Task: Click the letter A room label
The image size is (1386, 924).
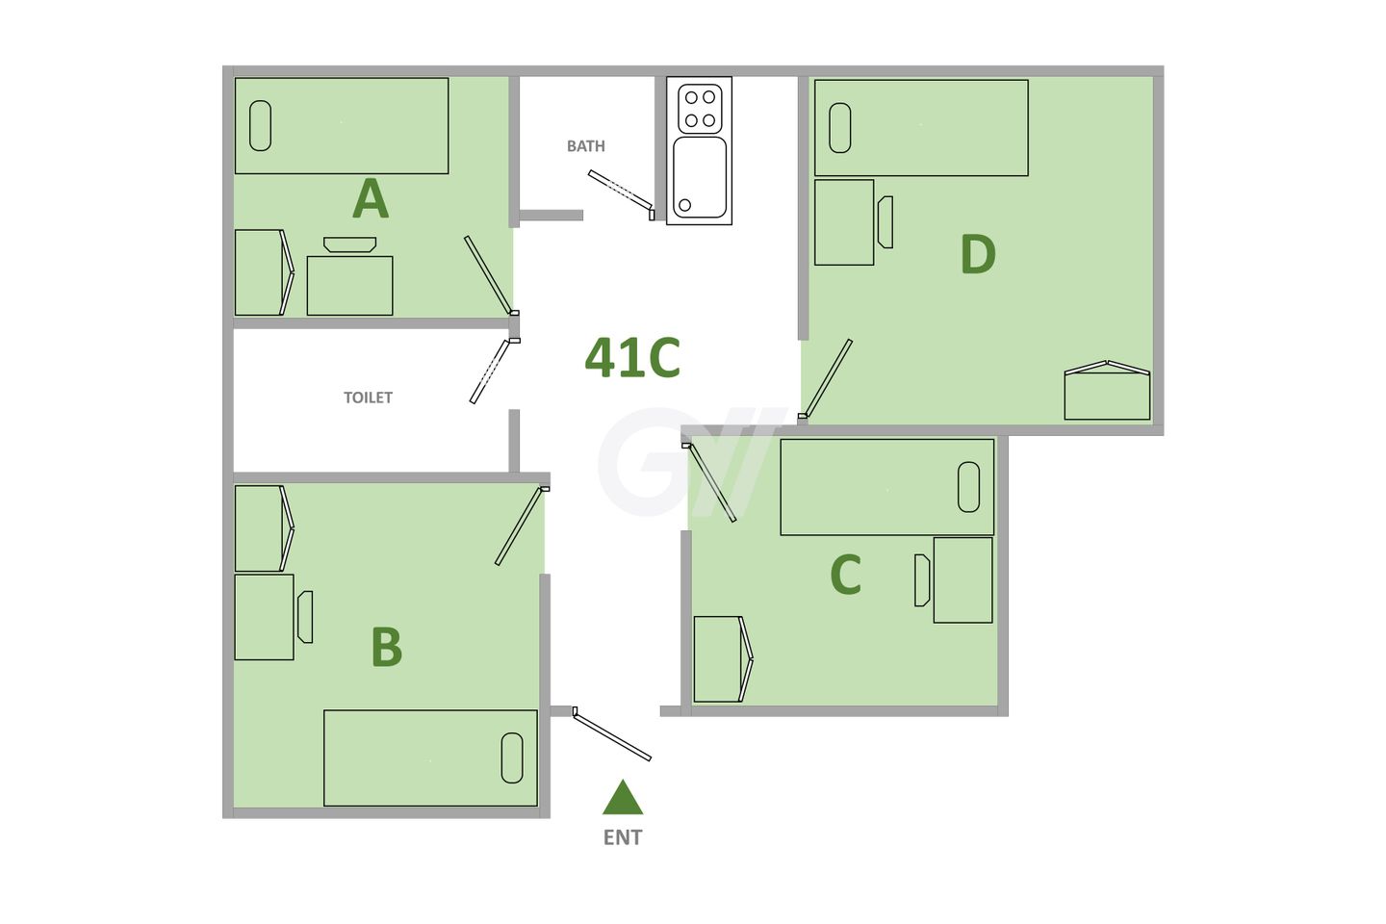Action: (x=371, y=199)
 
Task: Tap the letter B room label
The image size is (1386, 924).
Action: (x=387, y=647)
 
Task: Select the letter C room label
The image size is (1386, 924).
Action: (x=845, y=575)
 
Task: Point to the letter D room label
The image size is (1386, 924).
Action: (x=978, y=255)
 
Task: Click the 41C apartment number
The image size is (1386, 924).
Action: (x=632, y=357)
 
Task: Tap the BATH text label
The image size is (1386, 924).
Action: (x=585, y=146)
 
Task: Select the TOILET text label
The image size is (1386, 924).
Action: (x=368, y=398)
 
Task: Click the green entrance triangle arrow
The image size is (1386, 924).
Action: (x=623, y=797)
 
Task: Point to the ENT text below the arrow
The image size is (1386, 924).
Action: (x=623, y=837)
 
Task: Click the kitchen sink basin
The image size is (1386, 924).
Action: (x=700, y=176)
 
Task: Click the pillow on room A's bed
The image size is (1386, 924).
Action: (x=260, y=126)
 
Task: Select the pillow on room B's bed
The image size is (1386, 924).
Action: (x=512, y=757)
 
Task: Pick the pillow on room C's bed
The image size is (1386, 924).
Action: (x=968, y=487)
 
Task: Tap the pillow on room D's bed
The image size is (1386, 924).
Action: (x=840, y=128)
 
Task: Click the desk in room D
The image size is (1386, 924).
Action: (x=844, y=222)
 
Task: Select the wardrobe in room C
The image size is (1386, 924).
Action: (x=718, y=659)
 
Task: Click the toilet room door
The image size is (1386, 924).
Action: (x=489, y=371)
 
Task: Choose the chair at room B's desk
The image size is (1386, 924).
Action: (x=305, y=617)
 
